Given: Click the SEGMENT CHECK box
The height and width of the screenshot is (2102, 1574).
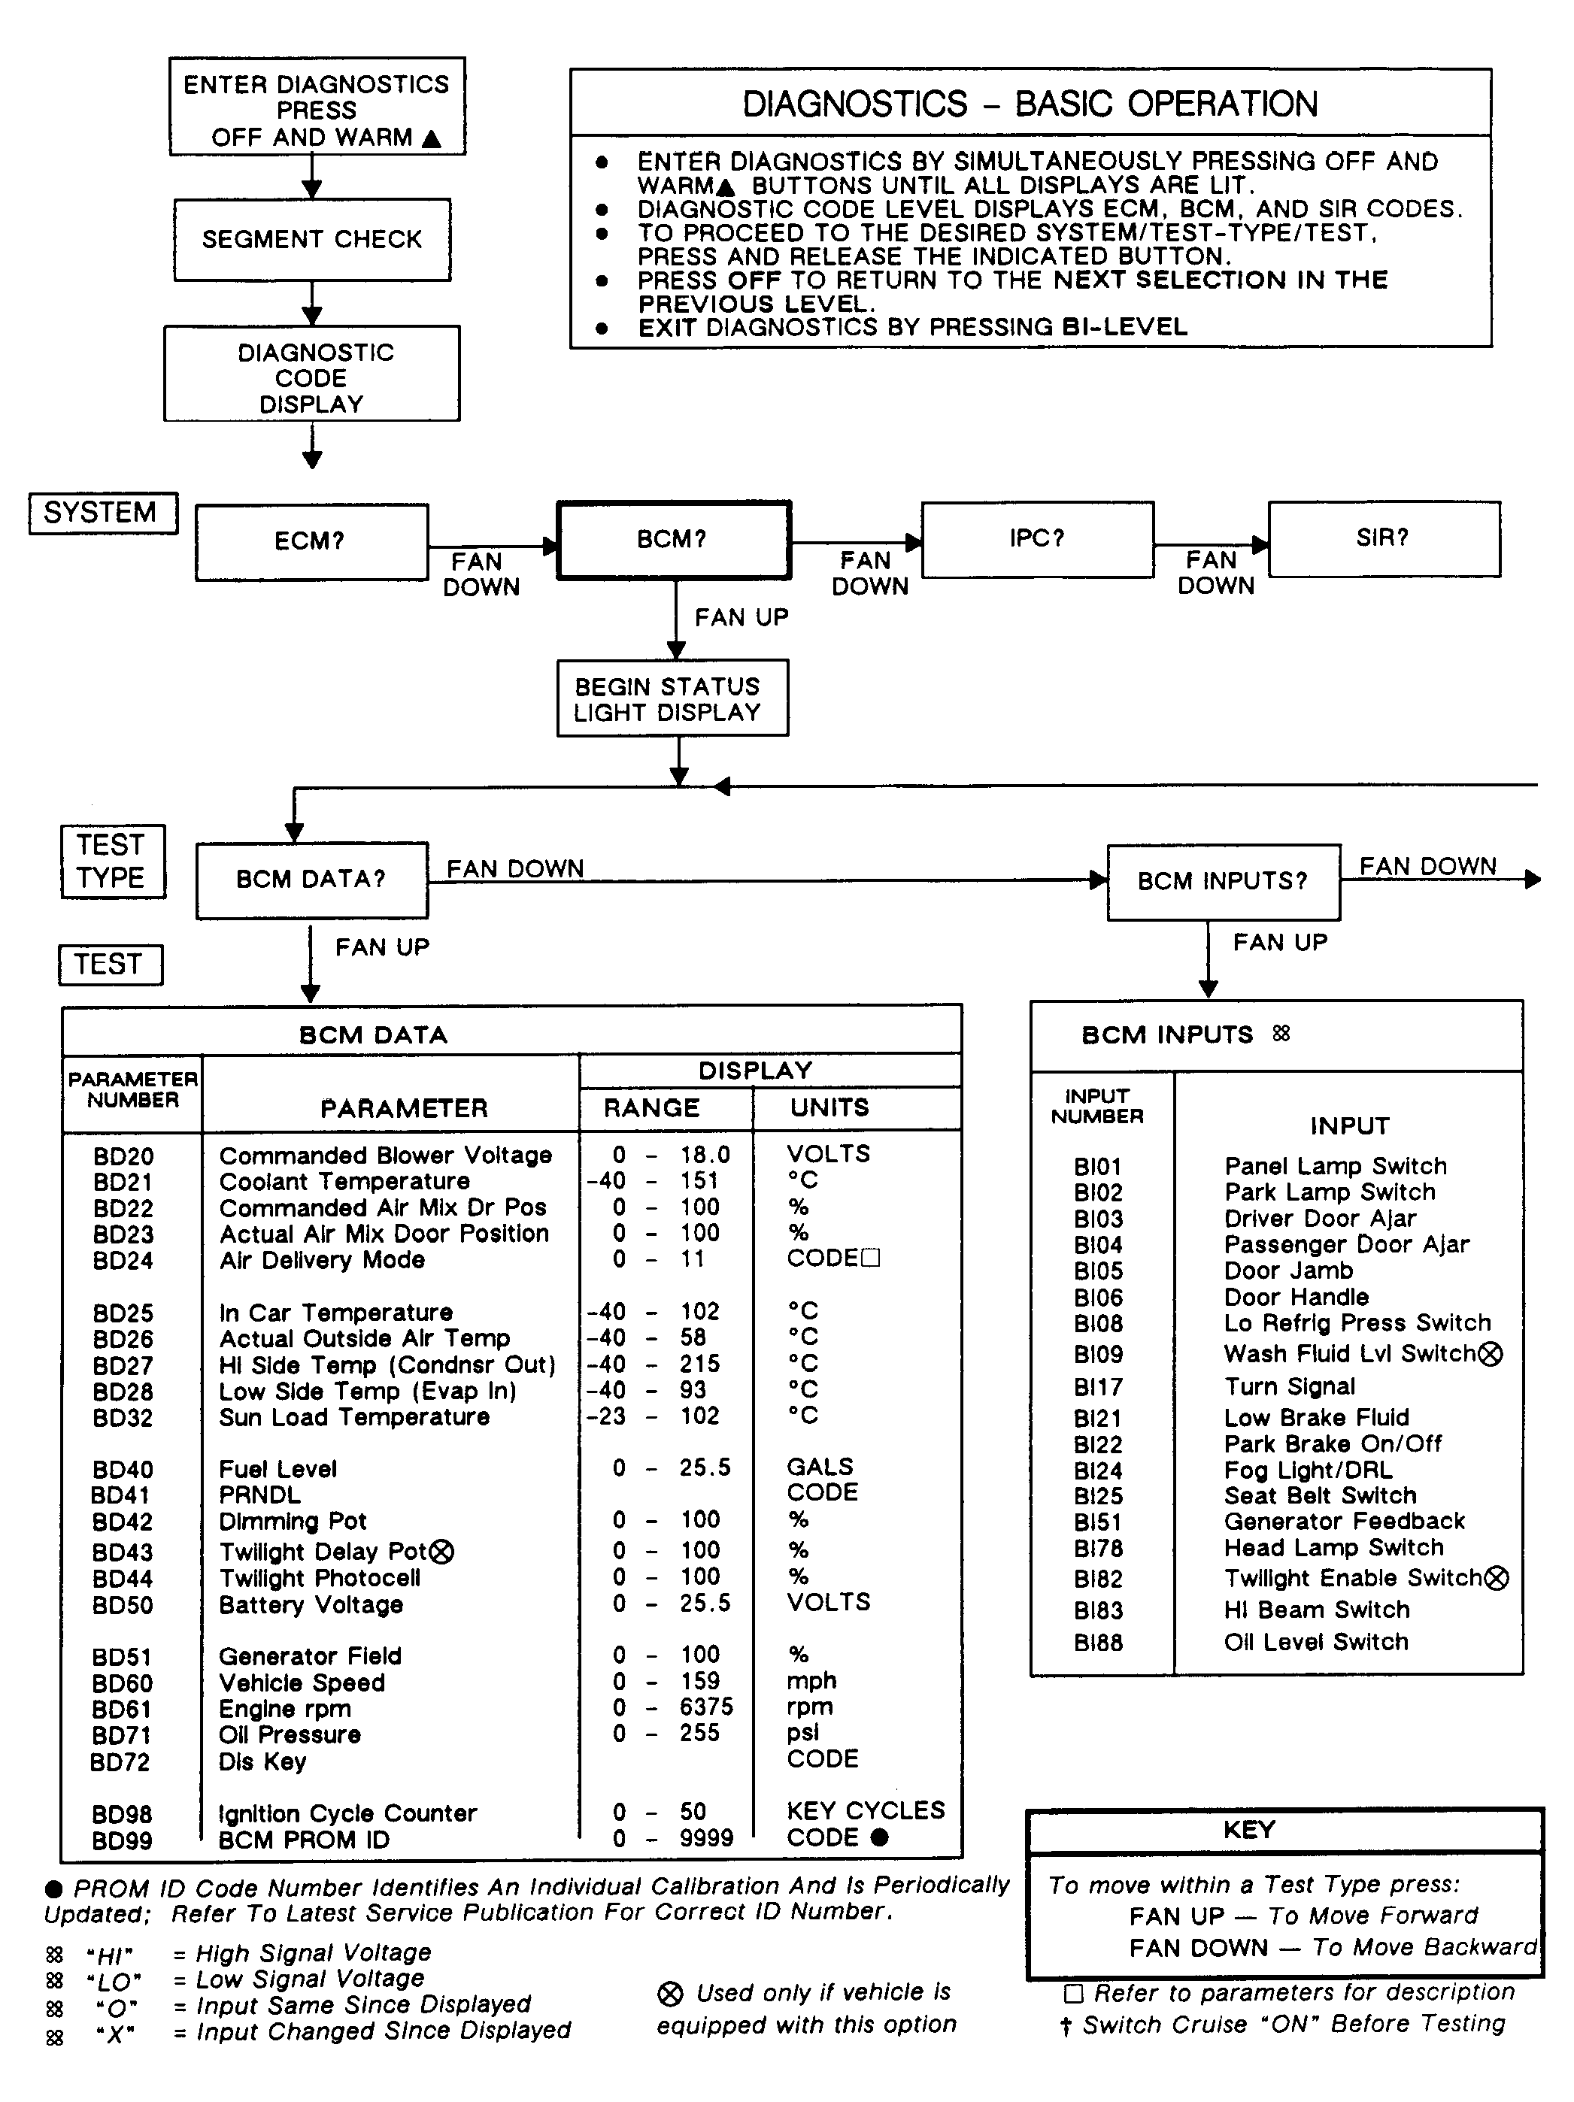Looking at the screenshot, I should pyautogui.click(x=312, y=240).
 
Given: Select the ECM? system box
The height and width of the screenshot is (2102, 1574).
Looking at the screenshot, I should pyautogui.click(x=311, y=541).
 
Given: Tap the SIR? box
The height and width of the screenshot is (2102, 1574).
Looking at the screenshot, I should pyautogui.click(x=1383, y=539).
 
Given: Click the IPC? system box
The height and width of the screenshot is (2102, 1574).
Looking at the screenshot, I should pyautogui.click(x=1037, y=539).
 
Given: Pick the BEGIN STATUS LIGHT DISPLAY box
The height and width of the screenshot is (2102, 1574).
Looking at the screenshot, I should pyautogui.click(x=672, y=698).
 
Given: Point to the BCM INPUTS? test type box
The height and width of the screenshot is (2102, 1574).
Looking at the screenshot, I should pyautogui.click(x=1224, y=882).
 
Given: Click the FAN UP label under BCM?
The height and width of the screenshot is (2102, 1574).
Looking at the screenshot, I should pyautogui.click(x=742, y=618).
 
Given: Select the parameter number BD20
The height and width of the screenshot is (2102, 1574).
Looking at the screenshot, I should pyautogui.click(x=123, y=1156).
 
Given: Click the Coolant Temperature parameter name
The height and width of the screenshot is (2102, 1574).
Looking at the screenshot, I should pyautogui.click(x=344, y=1181).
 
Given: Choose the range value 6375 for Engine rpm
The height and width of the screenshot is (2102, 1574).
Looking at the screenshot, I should pyautogui.click(x=706, y=1707).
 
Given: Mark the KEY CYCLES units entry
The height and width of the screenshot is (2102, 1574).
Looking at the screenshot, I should pyautogui.click(x=866, y=1810).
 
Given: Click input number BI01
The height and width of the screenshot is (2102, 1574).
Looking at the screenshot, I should pyautogui.click(x=1098, y=1166).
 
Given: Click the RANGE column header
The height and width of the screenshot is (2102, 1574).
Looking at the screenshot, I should pyautogui.click(x=652, y=1108).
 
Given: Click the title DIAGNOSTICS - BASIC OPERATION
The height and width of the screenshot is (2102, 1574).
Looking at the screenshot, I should pyautogui.click(x=1030, y=104).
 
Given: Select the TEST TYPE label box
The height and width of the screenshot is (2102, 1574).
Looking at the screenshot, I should pyautogui.click(x=111, y=861).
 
